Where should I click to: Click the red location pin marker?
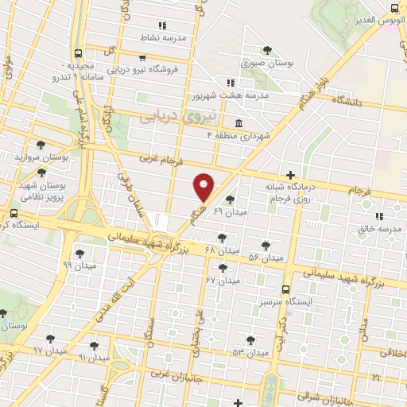point(203,186)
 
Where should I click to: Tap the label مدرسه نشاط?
point(185,38)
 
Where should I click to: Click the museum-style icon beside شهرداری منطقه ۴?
point(239,122)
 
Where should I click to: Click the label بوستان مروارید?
point(42,157)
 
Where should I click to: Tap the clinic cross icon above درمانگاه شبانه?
point(291,174)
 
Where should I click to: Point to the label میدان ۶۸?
point(222,250)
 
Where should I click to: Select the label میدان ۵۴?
point(266,258)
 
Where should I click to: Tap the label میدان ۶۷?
point(223,281)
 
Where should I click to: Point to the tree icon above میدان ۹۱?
point(95,346)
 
